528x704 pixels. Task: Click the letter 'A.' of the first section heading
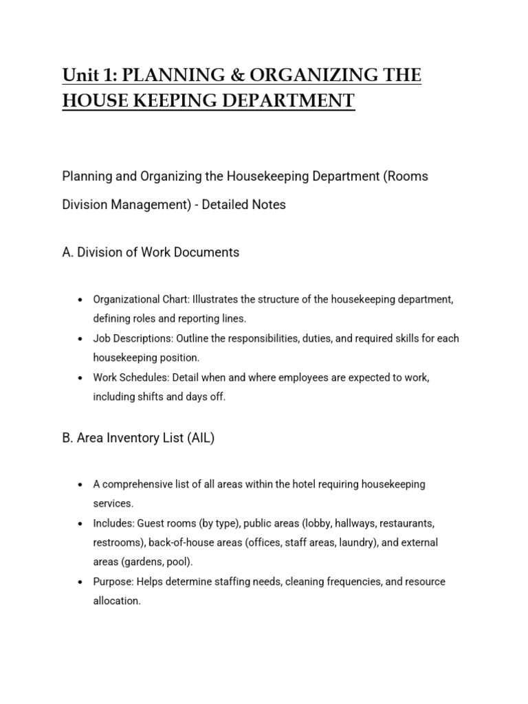(x=67, y=252)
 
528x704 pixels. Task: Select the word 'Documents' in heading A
(x=208, y=252)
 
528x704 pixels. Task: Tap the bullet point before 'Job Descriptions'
(x=80, y=339)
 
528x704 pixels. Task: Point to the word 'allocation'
(x=116, y=601)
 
